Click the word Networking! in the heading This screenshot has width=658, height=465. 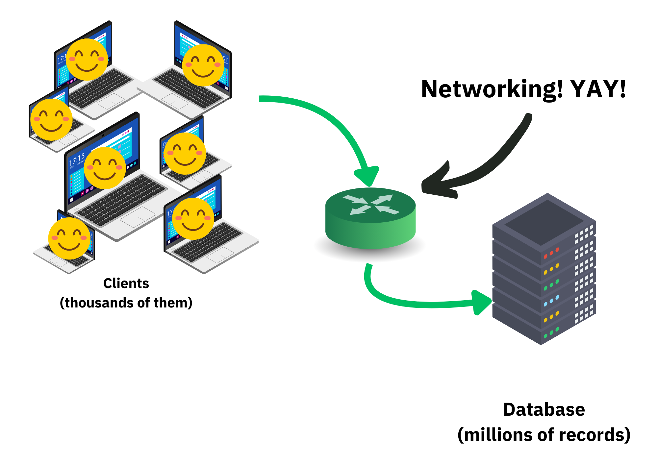(492, 89)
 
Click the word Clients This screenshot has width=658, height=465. (126, 283)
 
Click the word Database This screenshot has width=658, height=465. (544, 410)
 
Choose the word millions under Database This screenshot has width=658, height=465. (495, 435)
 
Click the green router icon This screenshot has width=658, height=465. (370, 219)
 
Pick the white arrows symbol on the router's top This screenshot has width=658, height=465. (371, 205)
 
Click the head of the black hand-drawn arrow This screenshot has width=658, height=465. (434, 184)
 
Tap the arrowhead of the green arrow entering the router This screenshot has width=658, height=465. (367, 176)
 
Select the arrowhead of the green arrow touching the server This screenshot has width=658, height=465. (481, 302)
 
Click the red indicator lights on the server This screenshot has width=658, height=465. (551, 253)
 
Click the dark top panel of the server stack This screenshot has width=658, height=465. (544, 222)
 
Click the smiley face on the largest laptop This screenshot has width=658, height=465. (105, 168)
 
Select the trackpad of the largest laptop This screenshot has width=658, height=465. (138, 217)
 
